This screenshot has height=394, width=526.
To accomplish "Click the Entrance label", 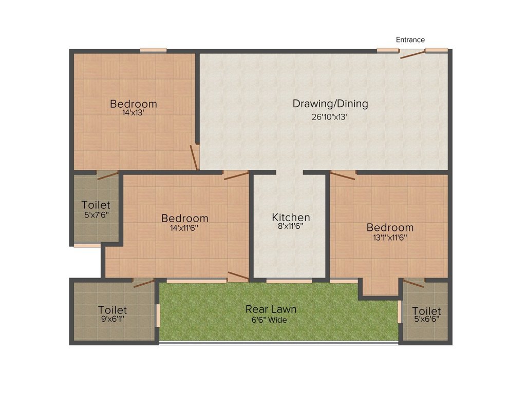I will point(410,40).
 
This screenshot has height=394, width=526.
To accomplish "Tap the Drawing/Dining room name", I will point(330,104).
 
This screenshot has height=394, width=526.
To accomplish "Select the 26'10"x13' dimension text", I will point(330,116).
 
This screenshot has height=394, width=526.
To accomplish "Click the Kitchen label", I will point(291,217).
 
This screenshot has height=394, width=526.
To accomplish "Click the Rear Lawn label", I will point(271,309).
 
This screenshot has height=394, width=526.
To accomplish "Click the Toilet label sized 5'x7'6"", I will point(96,205).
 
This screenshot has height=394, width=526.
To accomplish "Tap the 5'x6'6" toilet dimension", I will point(426,321).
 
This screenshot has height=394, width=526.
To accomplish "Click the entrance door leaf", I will point(412,54).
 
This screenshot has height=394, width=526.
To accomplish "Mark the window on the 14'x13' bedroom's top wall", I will point(153,50).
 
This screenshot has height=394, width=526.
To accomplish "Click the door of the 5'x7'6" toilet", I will point(108,175).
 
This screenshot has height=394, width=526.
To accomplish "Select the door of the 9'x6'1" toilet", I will point(144,283).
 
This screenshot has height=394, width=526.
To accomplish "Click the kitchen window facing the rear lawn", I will point(289,281).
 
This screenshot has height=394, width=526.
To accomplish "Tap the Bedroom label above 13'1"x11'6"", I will point(390,227).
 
